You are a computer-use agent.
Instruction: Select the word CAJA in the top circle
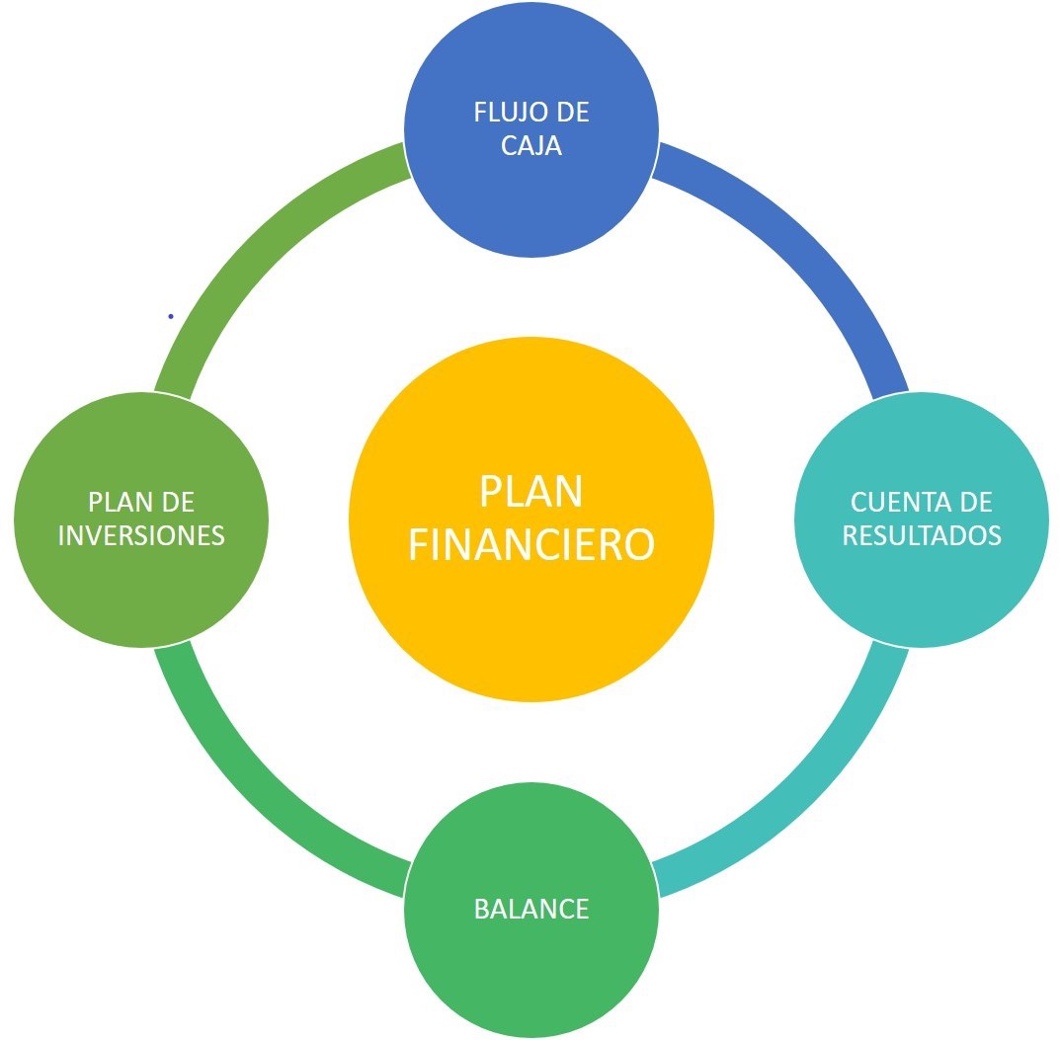[x=531, y=145]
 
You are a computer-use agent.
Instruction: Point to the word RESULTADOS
[x=922, y=535]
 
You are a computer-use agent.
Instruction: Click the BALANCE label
[x=531, y=909]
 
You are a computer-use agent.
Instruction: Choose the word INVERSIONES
[x=141, y=535]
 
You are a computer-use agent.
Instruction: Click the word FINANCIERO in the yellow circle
[x=531, y=544]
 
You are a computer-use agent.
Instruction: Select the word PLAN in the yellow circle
[x=531, y=491]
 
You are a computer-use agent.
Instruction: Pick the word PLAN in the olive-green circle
[x=117, y=502]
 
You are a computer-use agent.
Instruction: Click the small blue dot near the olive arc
[x=171, y=316]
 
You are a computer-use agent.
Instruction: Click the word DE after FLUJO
[x=574, y=113]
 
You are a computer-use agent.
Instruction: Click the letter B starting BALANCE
[x=481, y=909]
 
